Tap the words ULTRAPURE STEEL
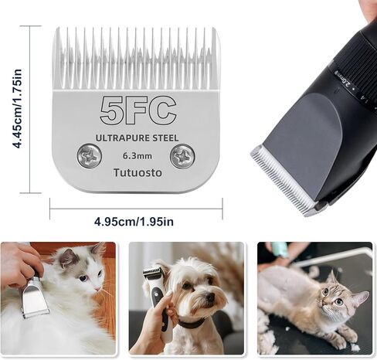tap(137, 138)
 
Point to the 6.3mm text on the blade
tap(137, 155)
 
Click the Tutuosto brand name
tap(137, 172)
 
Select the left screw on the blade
tap(89, 156)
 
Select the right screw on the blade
tap(183, 157)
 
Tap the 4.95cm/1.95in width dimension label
tap(134, 222)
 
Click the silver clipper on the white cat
tap(35, 297)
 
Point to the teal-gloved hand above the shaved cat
tap(278, 252)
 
